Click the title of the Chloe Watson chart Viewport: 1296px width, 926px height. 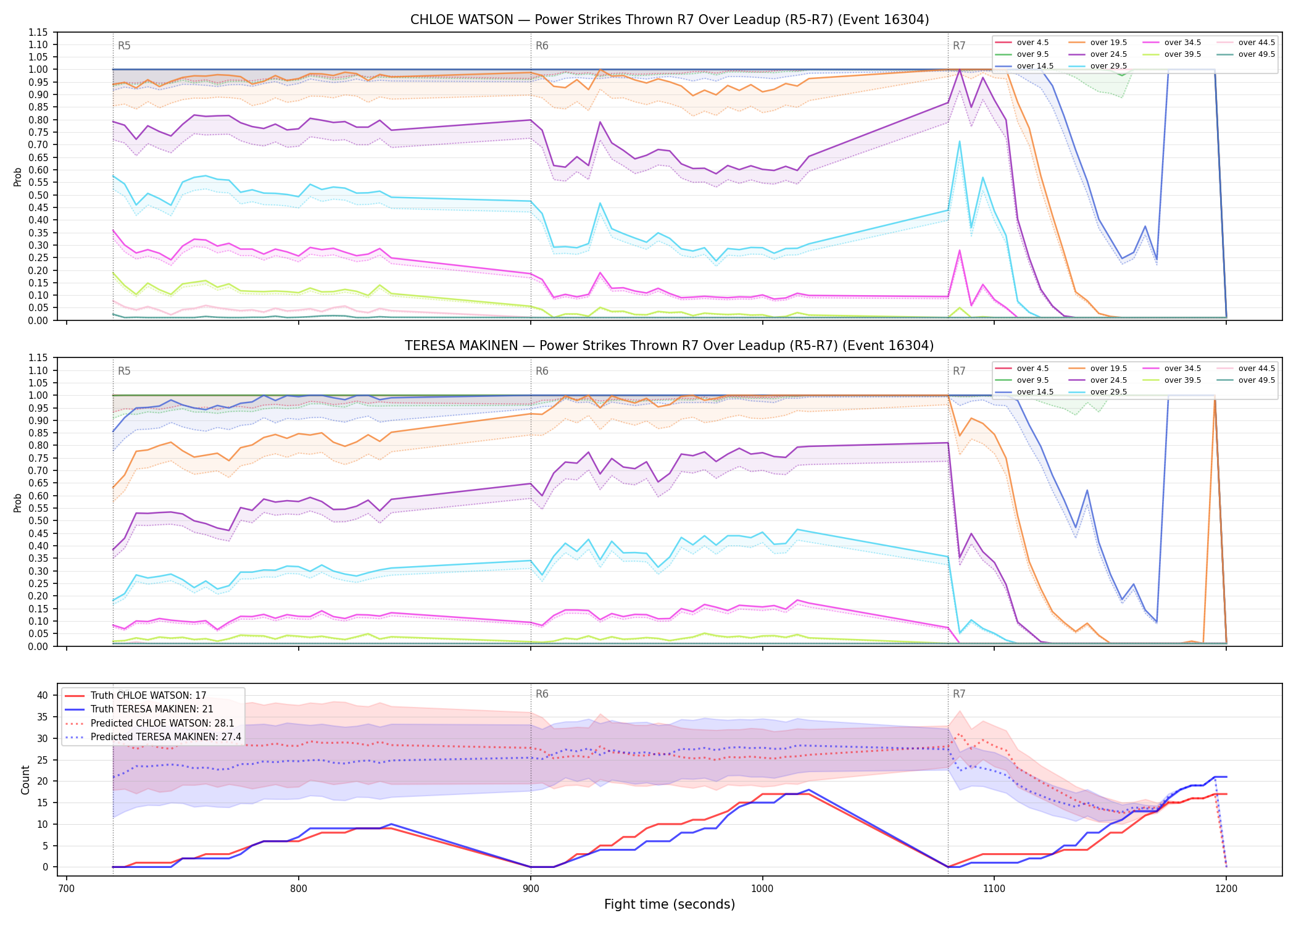tap(670, 20)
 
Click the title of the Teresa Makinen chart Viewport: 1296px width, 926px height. tap(670, 346)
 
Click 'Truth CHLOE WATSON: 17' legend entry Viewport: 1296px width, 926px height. tap(148, 695)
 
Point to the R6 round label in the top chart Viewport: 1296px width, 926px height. tap(542, 46)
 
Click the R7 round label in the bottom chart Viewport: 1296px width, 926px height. tap(959, 694)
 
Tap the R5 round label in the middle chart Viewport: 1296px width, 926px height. tap(124, 371)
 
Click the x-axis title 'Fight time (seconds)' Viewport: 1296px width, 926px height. tap(670, 904)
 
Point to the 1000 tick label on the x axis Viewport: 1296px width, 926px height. tap(762, 889)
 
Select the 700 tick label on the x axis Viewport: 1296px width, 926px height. tap(67, 889)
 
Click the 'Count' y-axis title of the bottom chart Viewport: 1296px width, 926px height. tap(25, 780)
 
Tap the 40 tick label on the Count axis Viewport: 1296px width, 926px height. tap(43, 695)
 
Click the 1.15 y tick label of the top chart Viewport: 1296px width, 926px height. tap(38, 32)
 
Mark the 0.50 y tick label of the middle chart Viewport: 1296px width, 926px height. tap(38, 520)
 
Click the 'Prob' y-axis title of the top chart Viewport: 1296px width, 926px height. tap(17, 177)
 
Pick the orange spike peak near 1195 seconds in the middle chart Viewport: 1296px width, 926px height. tap(1215, 400)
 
